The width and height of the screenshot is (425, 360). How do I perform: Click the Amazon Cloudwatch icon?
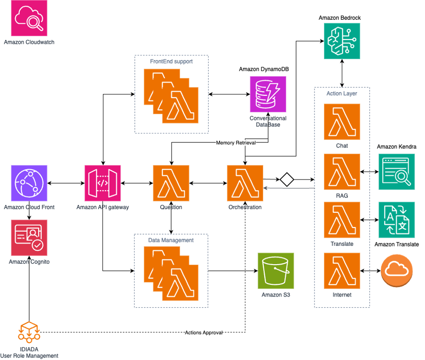pos(29,18)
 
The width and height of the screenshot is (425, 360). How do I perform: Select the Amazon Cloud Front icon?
pos(29,183)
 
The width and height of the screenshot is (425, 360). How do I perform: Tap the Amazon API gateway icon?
pos(102,183)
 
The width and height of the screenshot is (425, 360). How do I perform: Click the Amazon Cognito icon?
pos(29,238)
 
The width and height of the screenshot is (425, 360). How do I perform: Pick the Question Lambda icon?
pos(171,183)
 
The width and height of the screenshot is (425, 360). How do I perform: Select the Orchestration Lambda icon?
pos(245,183)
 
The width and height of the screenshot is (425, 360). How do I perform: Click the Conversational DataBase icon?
pos(268,94)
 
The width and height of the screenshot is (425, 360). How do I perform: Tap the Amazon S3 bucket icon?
pos(276,270)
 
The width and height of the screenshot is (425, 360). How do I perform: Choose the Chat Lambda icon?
pos(342,122)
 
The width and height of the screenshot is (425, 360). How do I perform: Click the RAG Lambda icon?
pos(342,171)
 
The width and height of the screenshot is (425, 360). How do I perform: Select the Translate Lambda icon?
pos(342,220)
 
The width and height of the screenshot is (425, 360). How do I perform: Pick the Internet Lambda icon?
pos(342,270)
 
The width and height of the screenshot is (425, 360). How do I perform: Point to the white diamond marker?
pos(287,180)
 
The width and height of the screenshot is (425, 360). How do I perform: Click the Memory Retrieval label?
pos(236,143)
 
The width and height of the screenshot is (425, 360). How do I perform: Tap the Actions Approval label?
pos(203,333)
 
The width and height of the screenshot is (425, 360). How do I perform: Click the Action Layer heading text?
pos(342,94)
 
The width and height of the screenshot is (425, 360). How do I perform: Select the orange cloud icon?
pos(397,270)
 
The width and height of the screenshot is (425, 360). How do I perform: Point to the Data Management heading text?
pos(171,240)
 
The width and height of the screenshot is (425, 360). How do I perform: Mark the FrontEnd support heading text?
pos(171,62)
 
